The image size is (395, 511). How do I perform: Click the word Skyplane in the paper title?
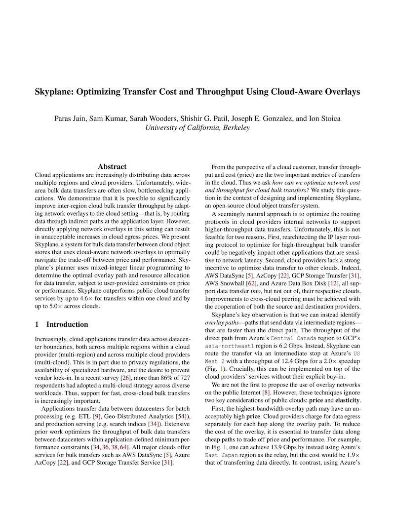coord(56,92)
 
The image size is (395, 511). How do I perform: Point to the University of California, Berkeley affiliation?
coord(197,127)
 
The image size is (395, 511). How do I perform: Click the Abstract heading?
coord(112,167)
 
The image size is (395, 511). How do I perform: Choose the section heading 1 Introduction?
coord(62,325)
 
